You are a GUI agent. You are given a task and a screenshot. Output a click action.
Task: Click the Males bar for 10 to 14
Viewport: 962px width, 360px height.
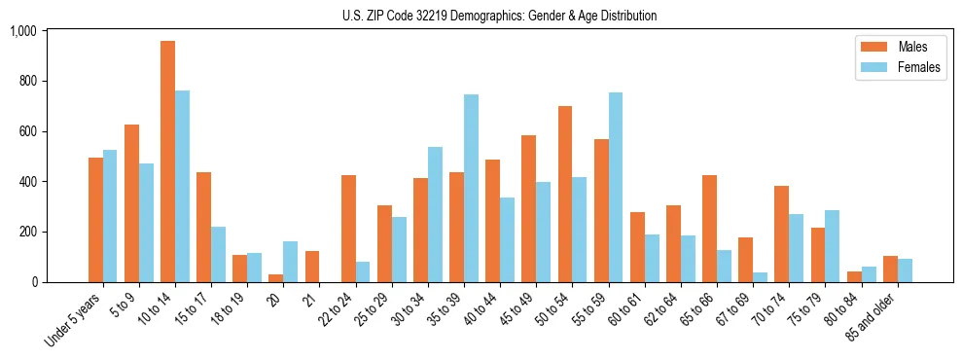167,162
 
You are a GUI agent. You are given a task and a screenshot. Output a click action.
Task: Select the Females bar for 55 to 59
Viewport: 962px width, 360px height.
616,188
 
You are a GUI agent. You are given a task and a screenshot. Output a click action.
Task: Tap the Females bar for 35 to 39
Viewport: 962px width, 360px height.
471,189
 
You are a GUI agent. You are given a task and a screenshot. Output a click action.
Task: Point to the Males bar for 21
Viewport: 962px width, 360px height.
312,267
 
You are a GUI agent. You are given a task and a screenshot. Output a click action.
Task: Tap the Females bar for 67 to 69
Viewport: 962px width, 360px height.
760,277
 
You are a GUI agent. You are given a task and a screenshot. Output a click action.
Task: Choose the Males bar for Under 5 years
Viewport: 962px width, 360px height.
95,220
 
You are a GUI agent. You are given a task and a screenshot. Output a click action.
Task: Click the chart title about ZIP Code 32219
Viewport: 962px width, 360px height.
499,16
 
